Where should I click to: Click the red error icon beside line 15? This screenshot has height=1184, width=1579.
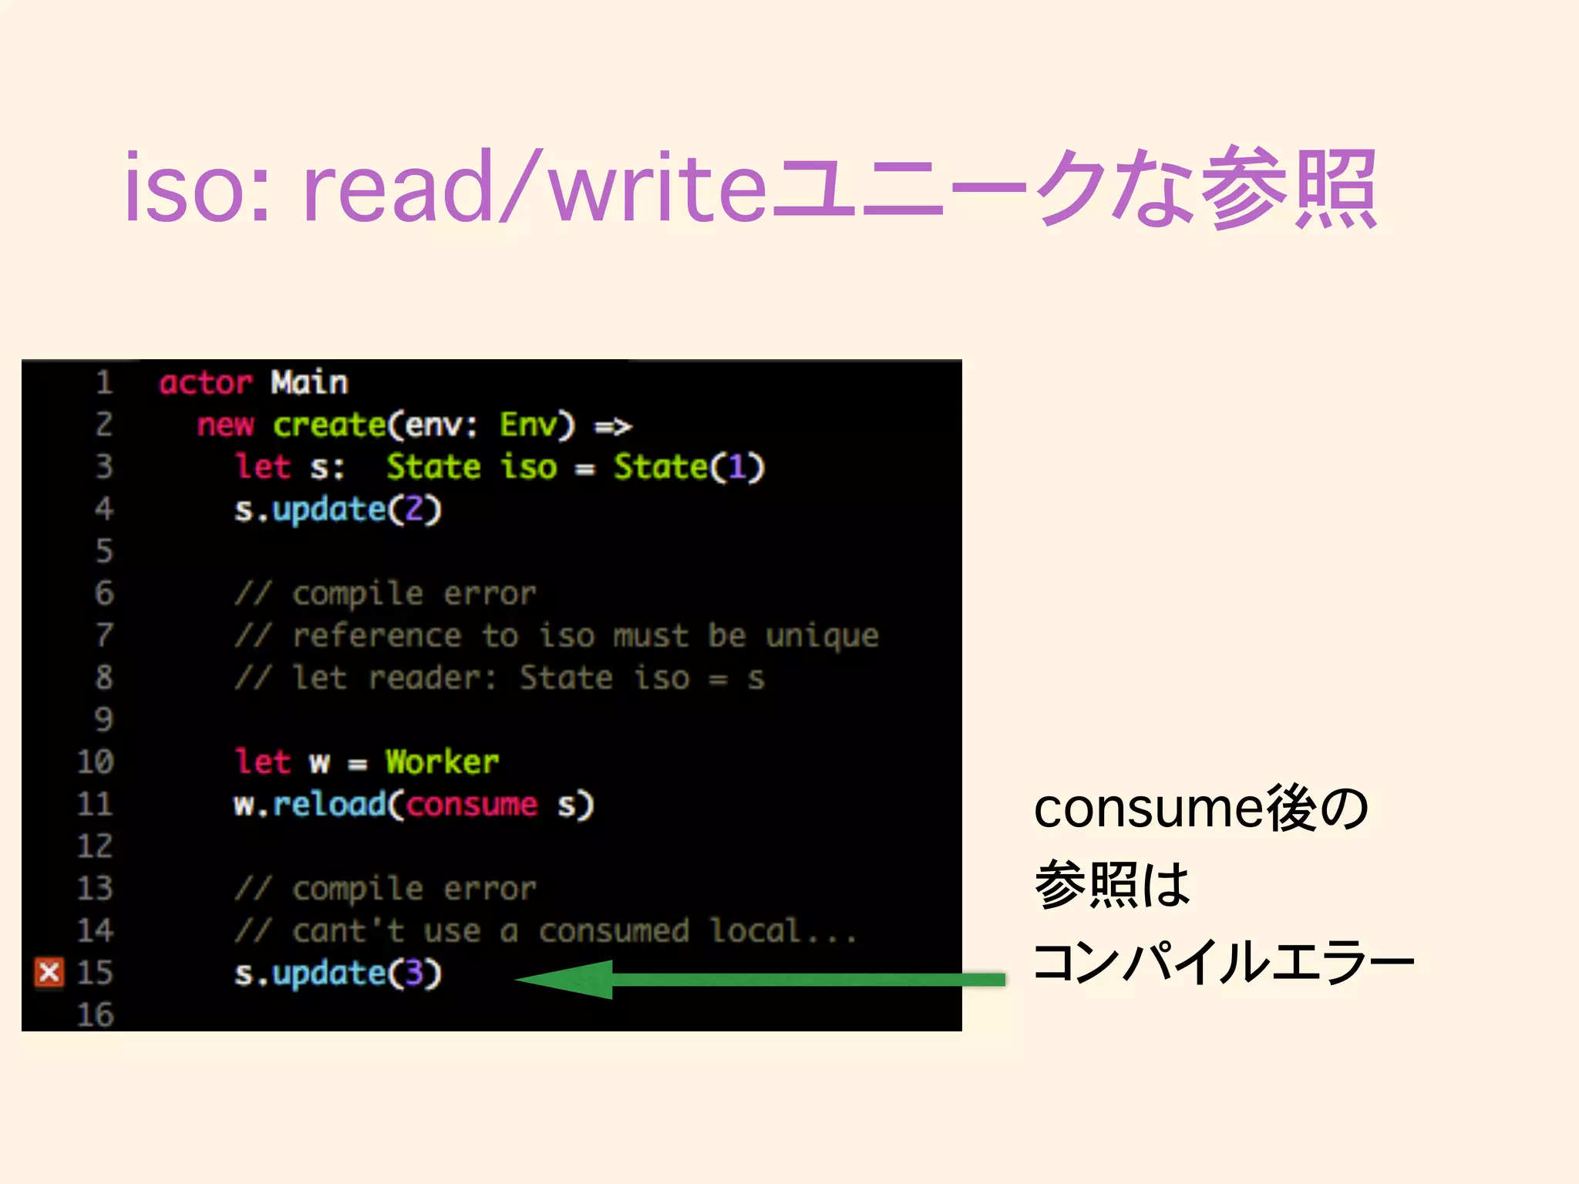coord(49,972)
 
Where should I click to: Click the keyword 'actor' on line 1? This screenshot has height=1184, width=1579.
coord(206,382)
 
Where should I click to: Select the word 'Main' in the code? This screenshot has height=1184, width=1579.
coord(309,382)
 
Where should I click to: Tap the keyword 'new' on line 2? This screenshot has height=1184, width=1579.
coord(225,425)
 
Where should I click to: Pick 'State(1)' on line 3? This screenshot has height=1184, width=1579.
coord(688,467)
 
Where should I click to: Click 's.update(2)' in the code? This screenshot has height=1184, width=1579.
coord(338,510)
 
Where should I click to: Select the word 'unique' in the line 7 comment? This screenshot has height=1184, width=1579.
coord(822,636)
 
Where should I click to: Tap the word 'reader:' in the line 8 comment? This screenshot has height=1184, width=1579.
coord(433,678)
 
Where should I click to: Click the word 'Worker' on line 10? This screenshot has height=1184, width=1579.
coord(443,762)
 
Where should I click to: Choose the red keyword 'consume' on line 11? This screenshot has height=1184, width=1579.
coord(472,805)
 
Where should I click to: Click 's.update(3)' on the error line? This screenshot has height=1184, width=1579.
coord(338,974)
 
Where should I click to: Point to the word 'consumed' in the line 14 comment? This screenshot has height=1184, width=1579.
coord(614,931)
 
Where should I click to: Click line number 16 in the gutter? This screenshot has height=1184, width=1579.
coord(96,1014)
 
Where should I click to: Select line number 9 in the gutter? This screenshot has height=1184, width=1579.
coord(104,720)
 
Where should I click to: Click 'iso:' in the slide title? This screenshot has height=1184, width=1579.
coord(197,188)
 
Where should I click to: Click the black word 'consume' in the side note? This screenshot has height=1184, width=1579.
coord(1148,809)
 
